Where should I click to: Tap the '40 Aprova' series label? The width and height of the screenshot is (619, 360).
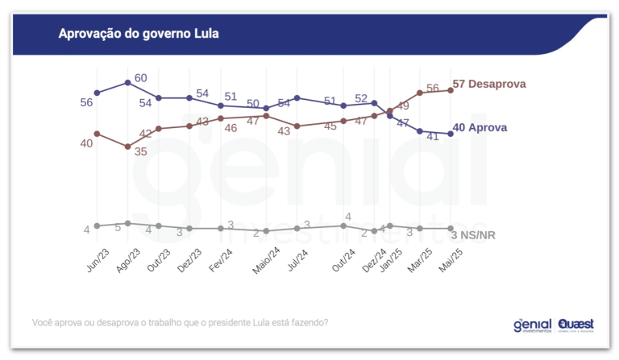coord(482,127)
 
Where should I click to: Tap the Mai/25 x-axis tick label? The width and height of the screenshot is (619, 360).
coord(449,260)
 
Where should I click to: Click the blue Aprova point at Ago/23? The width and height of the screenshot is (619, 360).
coord(128,82)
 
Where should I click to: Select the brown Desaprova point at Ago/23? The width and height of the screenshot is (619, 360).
coord(128,147)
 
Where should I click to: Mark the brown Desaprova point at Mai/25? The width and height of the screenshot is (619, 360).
coord(451,90)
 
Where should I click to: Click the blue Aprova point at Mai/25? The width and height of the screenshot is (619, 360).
coord(451,134)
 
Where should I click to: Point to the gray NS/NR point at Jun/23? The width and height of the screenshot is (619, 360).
coord(97,226)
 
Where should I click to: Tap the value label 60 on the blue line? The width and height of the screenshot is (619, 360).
coord(140,78)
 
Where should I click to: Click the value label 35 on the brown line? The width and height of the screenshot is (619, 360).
coord(140,151)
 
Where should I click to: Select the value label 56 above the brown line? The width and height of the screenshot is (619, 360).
coord(432,88)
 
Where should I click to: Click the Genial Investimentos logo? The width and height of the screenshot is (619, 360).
coord(534,325)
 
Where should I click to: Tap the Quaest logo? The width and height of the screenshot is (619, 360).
coord(575,325)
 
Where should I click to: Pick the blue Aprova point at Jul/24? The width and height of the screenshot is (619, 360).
coord(297,97)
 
